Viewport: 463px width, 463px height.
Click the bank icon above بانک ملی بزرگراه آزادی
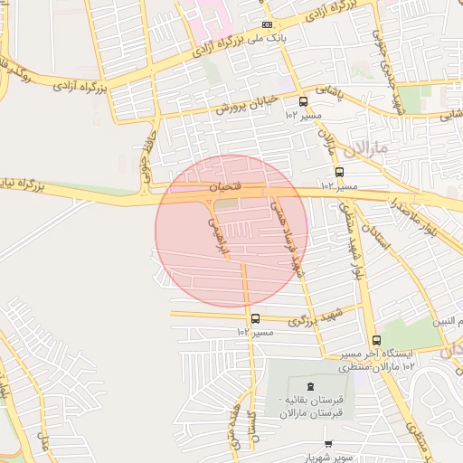pyautogui.click(x=266, y=25)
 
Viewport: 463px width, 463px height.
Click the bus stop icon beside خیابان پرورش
pyautogui.click(x=303, y=102)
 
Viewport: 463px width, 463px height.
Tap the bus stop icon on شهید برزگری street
pyautogui.click(x=255, y=318)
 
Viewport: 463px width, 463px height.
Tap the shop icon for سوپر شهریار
pyautogui.click(x=327, y=444)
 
